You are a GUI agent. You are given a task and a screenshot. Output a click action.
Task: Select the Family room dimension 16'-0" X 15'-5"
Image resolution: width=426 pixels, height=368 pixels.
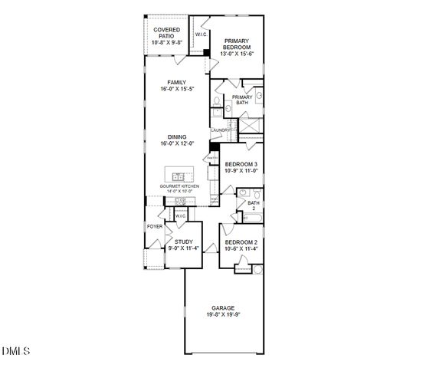tap(179, 90)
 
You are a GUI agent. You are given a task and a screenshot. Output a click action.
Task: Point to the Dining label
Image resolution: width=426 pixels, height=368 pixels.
tap(179, 137)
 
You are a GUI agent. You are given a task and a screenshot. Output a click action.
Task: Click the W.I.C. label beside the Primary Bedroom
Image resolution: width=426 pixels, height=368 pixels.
tap(202, 34)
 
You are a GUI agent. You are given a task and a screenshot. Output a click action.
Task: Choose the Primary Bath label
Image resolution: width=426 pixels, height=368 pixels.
tap(242, 100)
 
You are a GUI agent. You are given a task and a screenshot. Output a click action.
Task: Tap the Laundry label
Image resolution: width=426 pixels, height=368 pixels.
tap(221, 130)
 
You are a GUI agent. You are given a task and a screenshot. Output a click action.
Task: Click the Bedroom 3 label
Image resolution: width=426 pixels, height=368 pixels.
tap(241, 165)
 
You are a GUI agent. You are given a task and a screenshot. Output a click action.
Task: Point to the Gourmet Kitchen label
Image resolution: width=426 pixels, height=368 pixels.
tap(179, 186)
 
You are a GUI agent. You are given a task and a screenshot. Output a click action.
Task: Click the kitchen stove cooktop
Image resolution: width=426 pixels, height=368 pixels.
tap(181, 201)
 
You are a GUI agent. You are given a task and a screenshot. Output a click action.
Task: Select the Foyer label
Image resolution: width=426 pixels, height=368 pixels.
tap(155, 227)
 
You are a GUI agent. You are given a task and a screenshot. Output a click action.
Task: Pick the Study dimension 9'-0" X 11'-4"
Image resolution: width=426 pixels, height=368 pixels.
tap(183, 248)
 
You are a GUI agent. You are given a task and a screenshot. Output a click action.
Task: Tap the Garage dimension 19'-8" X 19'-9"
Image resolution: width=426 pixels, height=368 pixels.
tap(223, 314)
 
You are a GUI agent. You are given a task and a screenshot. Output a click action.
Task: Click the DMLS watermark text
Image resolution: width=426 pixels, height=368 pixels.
tap(15, 351)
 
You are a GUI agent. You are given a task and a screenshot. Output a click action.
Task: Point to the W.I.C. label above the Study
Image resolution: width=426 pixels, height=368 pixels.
tap(181, 216)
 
